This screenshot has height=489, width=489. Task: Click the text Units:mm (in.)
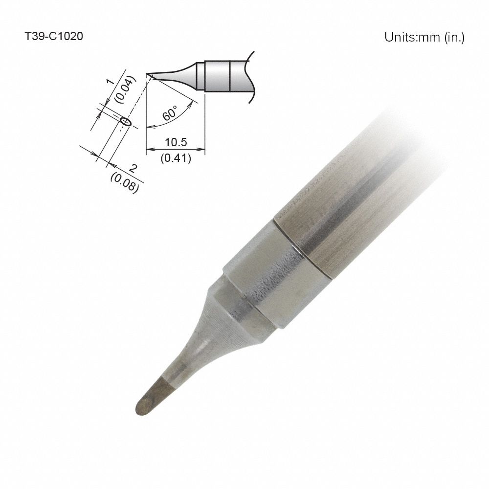click(x=424, y=37)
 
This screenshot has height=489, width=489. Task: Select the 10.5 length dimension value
click(x=176, y=142)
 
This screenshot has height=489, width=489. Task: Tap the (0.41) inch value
click(x=176, y=158)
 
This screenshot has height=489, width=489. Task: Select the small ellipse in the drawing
click(x=126, y=121)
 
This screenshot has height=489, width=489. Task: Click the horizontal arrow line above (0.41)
click(x=176, y=150)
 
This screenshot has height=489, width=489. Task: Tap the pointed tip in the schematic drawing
click(x=148, y=75)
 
